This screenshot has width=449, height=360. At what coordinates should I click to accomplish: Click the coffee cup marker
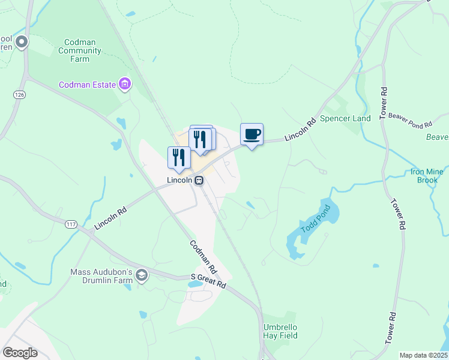[x=252, y=134]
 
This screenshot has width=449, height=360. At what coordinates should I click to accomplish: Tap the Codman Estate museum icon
[x=125, y=85]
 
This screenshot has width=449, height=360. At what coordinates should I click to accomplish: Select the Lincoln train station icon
[x=198, y=179]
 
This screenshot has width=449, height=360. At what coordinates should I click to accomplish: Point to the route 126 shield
[x=20, y=95]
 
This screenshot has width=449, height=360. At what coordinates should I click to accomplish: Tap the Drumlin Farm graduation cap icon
[x=142, y=275]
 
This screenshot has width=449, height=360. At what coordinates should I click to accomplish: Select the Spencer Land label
[x=345, y=118]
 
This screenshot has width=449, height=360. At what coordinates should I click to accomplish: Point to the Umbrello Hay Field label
[x=280, y=332]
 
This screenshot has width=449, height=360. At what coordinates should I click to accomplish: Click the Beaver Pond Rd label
[x=410, y=120]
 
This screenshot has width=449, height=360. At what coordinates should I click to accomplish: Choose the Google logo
[x=20, y=353]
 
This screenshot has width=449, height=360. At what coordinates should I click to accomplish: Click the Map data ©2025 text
[x=423, y=355]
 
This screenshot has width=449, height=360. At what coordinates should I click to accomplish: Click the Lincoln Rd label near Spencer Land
[x=300, y=130]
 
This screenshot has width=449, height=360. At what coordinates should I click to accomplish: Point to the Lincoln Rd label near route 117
[x=111, y=219]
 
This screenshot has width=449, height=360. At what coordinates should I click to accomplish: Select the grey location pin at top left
[x=22, y=41]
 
